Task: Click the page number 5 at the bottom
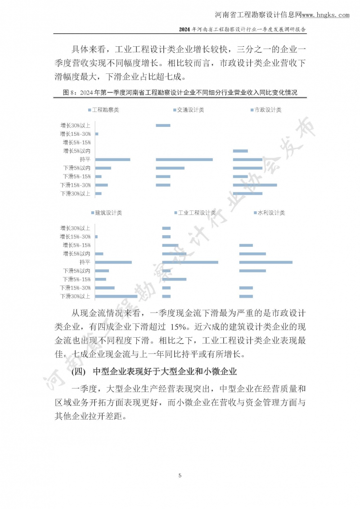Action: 180,475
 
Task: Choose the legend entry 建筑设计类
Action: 106,213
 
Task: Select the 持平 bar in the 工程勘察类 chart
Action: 112,160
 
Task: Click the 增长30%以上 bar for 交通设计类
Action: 163,125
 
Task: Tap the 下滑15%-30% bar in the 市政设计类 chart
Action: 255,185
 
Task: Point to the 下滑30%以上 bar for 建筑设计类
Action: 116,296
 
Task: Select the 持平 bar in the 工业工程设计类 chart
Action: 190,262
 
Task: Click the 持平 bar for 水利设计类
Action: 265,262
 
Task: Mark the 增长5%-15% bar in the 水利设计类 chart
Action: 246,245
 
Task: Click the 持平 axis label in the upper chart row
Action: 85,160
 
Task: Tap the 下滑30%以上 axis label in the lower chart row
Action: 76,296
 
